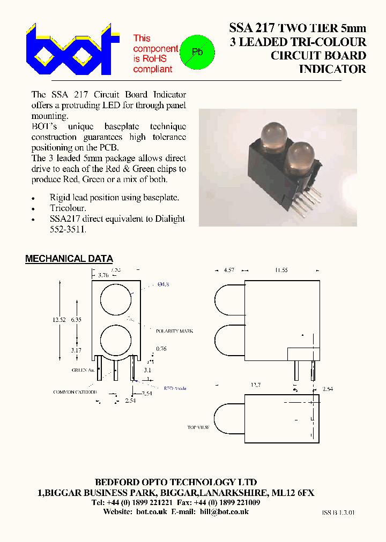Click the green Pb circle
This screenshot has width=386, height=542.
[196, 52]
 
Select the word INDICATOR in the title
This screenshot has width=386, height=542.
[332, 69]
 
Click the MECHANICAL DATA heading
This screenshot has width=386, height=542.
[69, 259]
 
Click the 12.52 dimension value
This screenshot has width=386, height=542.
[59, 320]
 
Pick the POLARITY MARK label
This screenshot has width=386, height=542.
[174, 331]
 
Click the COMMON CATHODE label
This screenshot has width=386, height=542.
[75, 392]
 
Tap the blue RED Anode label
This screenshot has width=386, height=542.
[175, 388]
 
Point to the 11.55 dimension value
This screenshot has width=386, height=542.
[281, 270]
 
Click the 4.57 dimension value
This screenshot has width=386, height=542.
[229, 270]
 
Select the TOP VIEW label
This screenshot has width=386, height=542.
[198, 427]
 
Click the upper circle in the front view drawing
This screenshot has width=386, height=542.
[115, 298]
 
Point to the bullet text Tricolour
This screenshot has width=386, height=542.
[68, 208]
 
